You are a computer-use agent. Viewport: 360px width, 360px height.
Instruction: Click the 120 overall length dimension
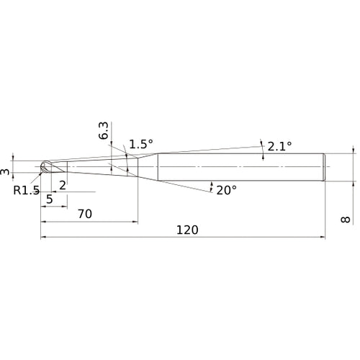pos(187,230)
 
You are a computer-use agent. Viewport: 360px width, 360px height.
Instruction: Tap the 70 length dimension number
pos(85,214)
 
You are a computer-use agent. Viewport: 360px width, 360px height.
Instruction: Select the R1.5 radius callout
pos(26,190)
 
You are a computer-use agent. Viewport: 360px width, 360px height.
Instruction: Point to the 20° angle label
pos(227,190)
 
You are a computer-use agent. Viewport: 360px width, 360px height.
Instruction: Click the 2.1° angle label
pos(279,146)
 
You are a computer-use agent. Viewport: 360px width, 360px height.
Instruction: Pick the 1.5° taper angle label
pos(141,144)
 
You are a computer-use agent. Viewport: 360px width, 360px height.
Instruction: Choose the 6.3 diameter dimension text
pos(104,131)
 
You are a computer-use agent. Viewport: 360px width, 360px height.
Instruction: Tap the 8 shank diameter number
pos(346,220)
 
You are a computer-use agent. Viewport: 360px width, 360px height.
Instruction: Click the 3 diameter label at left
pos(5,172)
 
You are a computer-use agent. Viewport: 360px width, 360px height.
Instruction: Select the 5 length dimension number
pos(50,199)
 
